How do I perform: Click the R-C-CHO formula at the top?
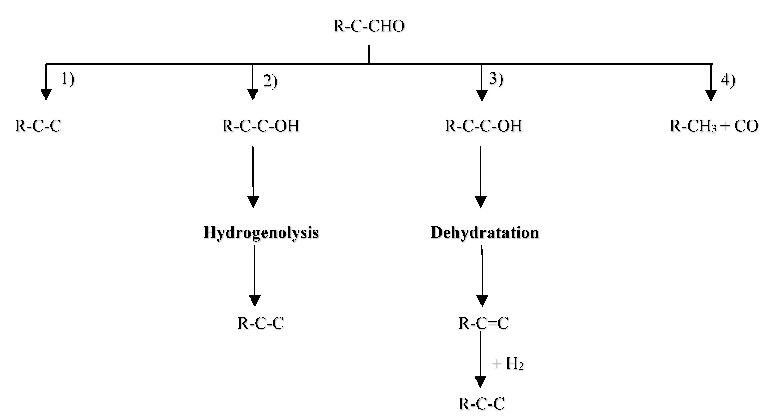click(x=369, y=26)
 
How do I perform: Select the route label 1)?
click(x=68, y=79)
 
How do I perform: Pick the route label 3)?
click(x=496, y=79)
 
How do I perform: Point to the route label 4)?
click(x=728, y=80)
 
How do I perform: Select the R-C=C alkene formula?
click(x=483, y=323)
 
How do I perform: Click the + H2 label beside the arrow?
click(x=507, y=363)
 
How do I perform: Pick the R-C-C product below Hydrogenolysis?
click(x=260, y=323)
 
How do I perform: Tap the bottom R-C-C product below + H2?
click(x=481, y=404)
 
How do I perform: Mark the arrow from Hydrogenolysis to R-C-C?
click(x=255, y=276)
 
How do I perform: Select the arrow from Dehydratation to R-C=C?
click(x=482, y=276)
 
